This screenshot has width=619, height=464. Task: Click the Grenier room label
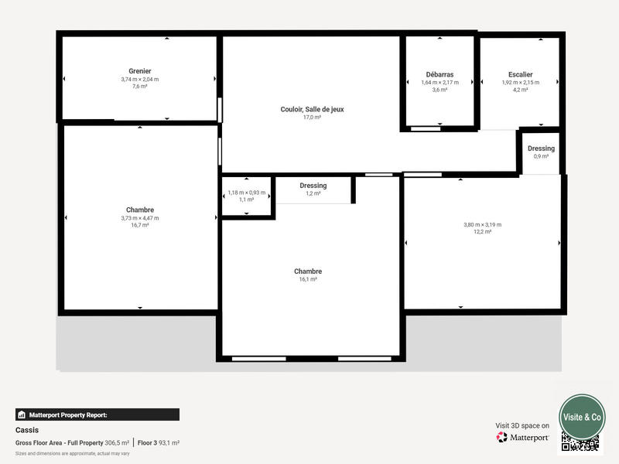coord(140,71)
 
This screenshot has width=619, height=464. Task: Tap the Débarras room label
coord(439,74)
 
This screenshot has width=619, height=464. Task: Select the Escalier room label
coord(520,74)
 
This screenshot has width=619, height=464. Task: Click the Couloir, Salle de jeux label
coord(312,109)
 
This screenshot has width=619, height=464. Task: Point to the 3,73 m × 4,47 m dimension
coord(140,218)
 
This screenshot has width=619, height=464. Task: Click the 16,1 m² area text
coord(308,279)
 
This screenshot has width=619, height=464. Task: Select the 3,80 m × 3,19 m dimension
coord(482,224)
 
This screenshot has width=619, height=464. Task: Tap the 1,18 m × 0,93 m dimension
coord(246,193)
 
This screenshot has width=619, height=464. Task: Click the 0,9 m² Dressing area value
coord(541,156)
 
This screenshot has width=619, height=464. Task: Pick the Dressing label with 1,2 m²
coord(313,186)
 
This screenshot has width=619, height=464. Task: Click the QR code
coord(580,442)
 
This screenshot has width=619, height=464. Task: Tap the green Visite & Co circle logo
coord(582,417)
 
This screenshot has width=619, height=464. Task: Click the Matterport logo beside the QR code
coord(523,437)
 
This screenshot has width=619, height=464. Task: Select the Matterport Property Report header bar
coord(97,415)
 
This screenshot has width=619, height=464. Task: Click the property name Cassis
coord(27,430)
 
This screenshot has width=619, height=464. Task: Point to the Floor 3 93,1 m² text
coord(158,442)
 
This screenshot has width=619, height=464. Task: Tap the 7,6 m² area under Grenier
coord(140,87)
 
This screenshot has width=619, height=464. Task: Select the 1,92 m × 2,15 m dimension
coord(520,82)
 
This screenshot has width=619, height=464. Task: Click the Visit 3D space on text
coord(522,425)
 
